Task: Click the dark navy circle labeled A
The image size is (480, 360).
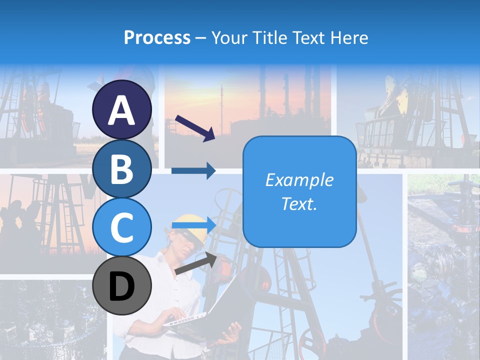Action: click(122, 110)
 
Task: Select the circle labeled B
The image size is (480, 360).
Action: click(122, 169)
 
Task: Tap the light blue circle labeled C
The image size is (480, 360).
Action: click(122, 227)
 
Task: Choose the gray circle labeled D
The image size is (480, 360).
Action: click(122, 286)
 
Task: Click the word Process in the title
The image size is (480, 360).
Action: click(157, 37)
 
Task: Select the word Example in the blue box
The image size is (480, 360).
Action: click(299, 180)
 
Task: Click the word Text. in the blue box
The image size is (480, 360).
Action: click(299, 204)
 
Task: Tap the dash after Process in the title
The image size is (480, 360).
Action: click(200, 38)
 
